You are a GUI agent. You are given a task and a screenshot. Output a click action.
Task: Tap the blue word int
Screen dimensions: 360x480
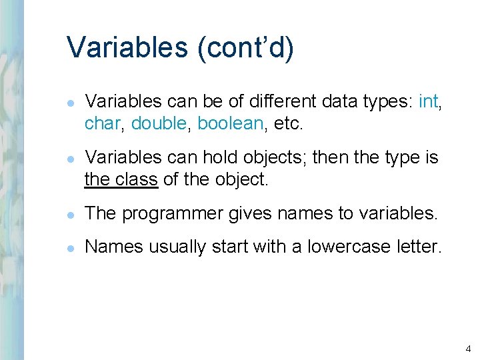click(x=429, y=101)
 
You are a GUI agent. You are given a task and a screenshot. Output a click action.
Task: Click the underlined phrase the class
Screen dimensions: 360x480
click(x=121, y=179)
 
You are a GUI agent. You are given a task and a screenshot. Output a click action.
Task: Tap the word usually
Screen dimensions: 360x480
click(x=177, y=247)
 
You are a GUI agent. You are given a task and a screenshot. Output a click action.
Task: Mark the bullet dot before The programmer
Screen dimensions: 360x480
click(x=71, y=214)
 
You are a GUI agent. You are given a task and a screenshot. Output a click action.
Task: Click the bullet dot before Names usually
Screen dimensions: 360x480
click(x=71, y=247)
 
